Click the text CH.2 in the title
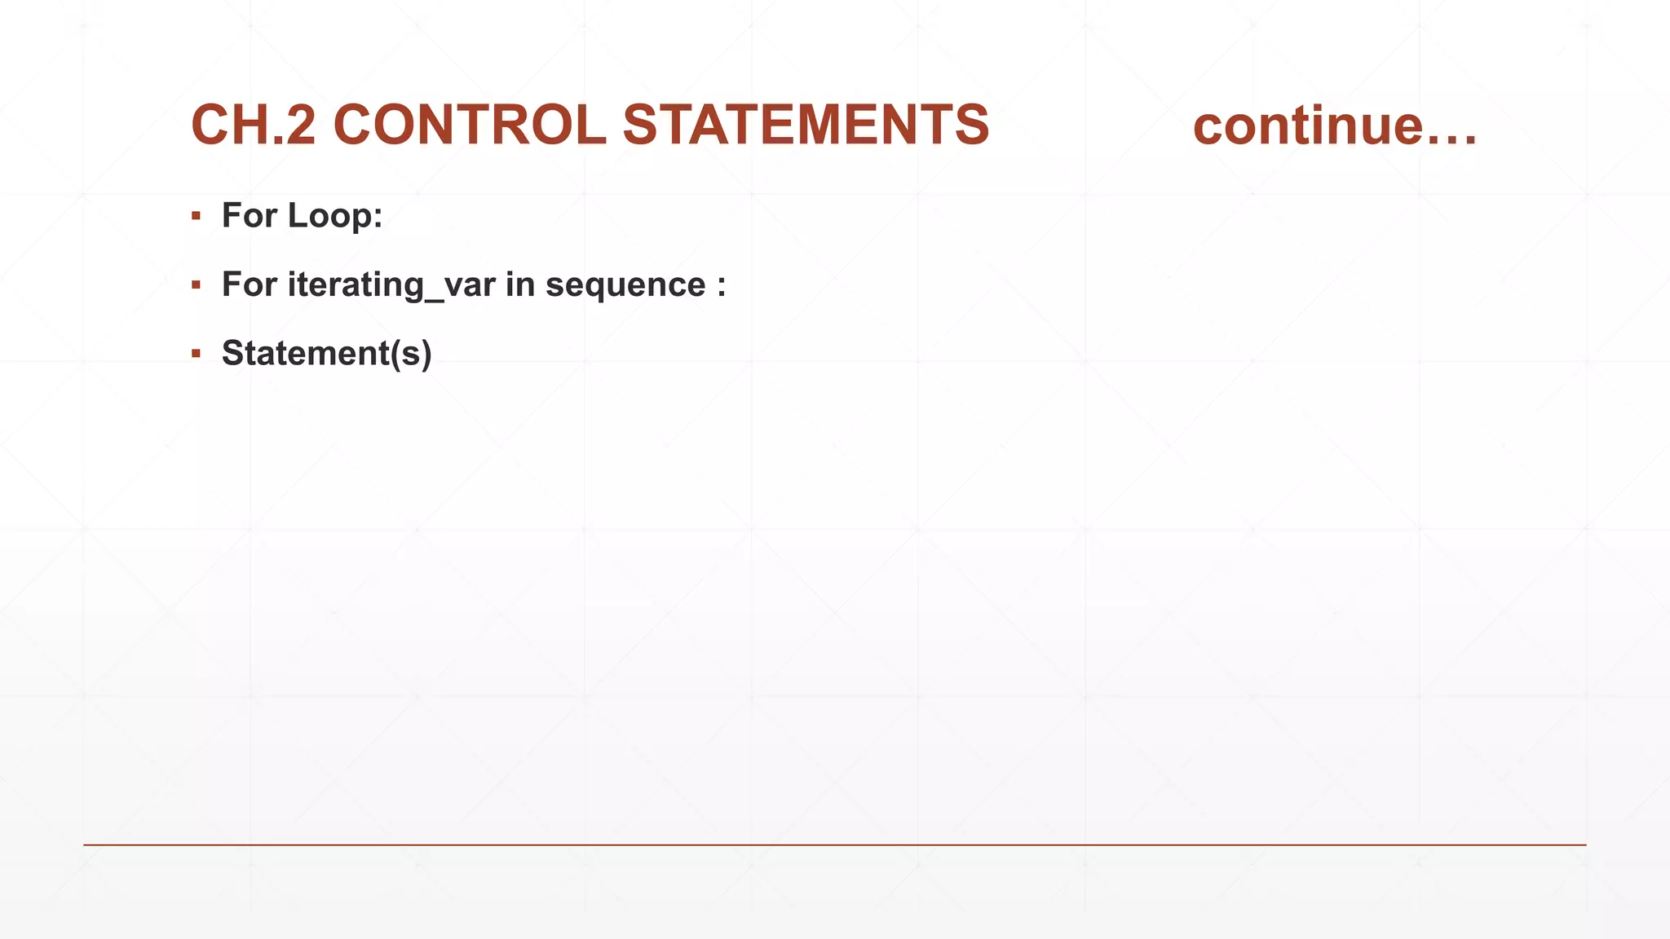coord(253,126)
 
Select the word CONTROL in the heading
coord(470,126)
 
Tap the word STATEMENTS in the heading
coord(806,126)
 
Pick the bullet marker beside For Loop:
coord(196,216)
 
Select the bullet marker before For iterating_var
coord(196,285)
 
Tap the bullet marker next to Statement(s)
coord(196,354)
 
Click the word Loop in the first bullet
coord(334,216)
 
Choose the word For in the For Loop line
coord(250,216)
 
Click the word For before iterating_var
coord(250,285)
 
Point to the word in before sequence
coord(519,285)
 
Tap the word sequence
coord(625,285)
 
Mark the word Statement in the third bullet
coord(306,354)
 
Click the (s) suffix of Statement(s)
coord(411,354)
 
